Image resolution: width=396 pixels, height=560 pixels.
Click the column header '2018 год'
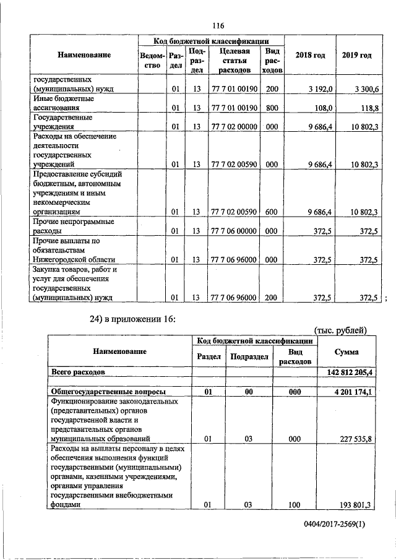click(310, 56)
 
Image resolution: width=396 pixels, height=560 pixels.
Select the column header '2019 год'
click(356, 56)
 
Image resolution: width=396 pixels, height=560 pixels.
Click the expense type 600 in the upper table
click(271, 212)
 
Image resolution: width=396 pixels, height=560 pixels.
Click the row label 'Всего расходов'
click(77, 373)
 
